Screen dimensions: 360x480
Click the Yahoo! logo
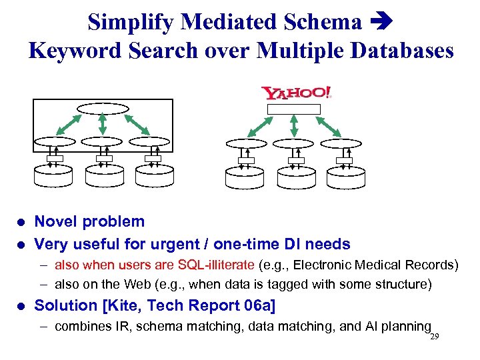click(x=296, y=93)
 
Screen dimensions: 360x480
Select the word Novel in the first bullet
click(x=56, y=222)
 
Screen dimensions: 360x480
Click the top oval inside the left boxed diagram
click(x=102, y=109)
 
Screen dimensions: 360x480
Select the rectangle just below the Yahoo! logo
click(x=293, y=109)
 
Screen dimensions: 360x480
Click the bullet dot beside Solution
click(x=21, y=306)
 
